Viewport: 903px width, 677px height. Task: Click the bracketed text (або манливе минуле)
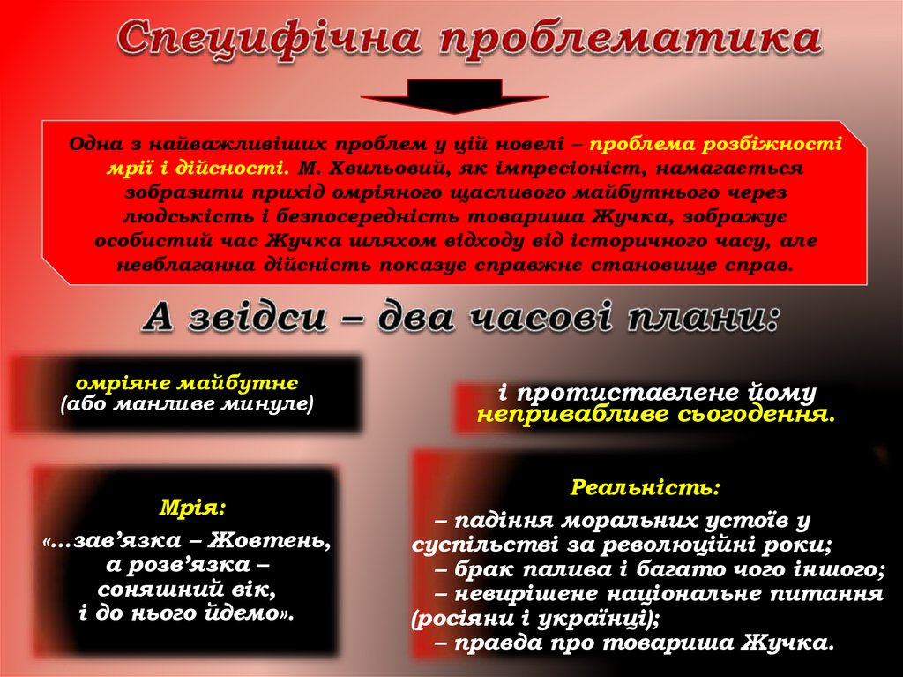click(188, 405)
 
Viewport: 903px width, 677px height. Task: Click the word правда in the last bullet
click(496, 643)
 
